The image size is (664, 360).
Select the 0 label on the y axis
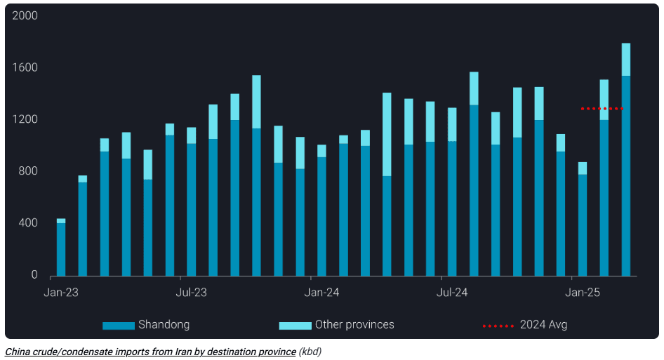(x=34, y=275)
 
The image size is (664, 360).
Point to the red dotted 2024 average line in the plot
(x=602, y=109)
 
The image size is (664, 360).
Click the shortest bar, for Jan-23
(x=61, y=249)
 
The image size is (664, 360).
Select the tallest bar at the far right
(x=625, y=175)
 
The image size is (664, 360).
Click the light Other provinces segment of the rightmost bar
(x=625, y=60)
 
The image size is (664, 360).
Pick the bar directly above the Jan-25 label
(x=583, y=225)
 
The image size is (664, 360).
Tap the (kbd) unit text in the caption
(x=310, y=352)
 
